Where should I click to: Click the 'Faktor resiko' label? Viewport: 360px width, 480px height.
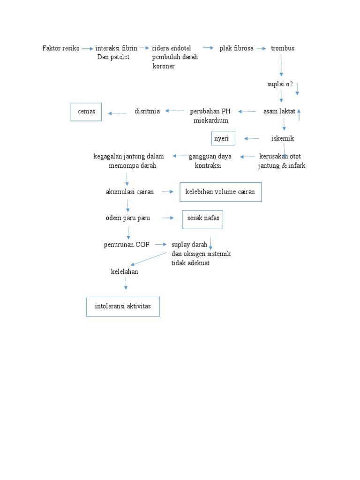[61, 48]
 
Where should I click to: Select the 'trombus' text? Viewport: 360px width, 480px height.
[283, 48]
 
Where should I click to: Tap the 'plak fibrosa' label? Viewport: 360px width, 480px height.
[237, 48]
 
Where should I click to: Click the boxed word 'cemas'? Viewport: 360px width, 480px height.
[86, 112]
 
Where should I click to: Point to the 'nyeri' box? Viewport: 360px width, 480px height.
[223, 139]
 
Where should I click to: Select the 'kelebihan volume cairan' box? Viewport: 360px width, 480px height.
[220, 192]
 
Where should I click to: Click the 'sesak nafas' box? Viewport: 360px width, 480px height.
[202, 218]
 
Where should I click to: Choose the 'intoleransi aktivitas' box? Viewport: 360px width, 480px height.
[123, 307]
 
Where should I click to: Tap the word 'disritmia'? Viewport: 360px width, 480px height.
[147, 112]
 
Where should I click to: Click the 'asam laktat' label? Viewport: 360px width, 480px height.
[279, 112]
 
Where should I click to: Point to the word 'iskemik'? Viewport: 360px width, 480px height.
[283, 138]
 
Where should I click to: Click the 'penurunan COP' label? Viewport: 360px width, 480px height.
[127, 245]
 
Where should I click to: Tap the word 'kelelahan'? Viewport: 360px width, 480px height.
[124, 272]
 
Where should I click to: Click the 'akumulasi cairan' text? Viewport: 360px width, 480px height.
[127, 192]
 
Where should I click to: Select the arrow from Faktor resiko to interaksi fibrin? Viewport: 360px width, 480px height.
[87, 48]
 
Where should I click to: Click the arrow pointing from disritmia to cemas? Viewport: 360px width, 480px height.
[118, 113]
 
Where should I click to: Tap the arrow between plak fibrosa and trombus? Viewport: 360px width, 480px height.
[261, 48]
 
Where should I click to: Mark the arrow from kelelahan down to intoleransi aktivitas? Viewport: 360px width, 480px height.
[126, 283]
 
